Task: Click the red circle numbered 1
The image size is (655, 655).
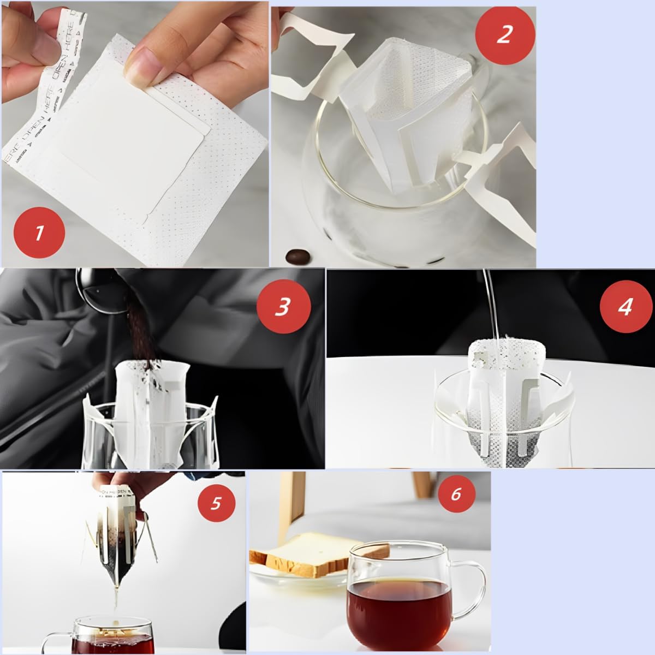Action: [x=39, y=234]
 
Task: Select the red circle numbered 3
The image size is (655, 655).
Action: [x=282, y=307]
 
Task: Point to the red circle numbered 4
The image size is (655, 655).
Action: [x=625, y=307]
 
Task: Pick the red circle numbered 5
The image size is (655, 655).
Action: [x=216, y=502]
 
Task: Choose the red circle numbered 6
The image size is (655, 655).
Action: [x=456, y=495]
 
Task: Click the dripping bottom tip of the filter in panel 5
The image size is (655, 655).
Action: [x=116, y=589]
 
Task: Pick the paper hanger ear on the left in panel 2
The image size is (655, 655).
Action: [x=311, y=55]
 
